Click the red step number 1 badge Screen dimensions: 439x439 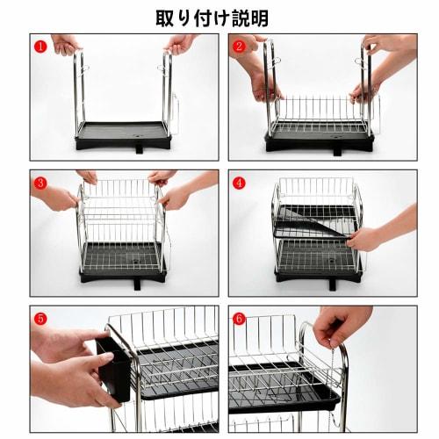(x=40, y=45)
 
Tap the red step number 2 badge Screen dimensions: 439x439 (x=239, y=45)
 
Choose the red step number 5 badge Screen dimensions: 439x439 (x=40, y=319)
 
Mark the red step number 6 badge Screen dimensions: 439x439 (x=239, y=319)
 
